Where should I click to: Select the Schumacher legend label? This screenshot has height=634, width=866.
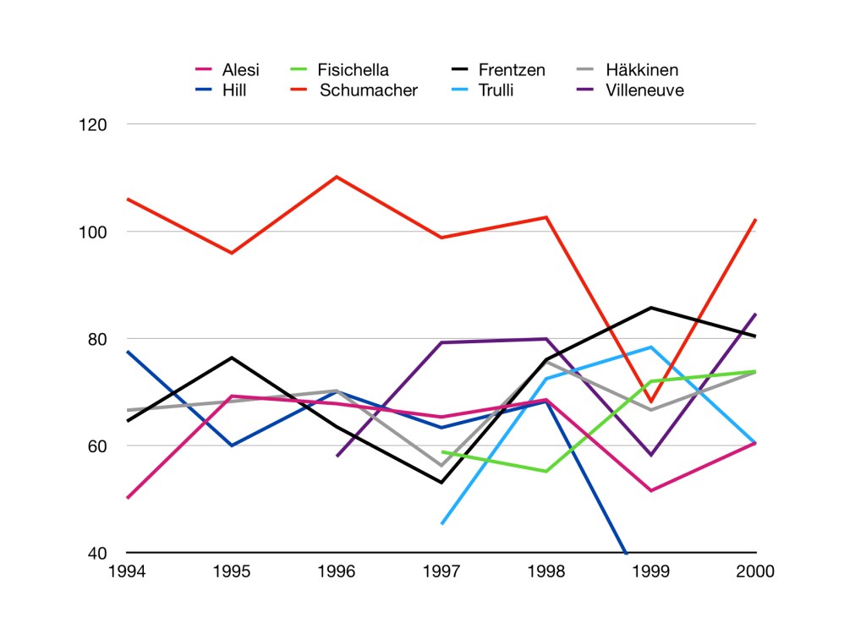click(368, 90)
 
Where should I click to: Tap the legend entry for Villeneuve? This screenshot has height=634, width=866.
click(644, 90)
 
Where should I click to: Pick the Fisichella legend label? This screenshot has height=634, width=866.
click(353, 70)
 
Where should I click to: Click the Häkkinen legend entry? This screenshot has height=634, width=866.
click(642, 70)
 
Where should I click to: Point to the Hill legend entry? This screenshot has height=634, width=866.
click(233, 90)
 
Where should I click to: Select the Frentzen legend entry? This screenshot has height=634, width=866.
click(512, 70)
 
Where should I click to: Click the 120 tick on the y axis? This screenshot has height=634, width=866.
click(96, 124)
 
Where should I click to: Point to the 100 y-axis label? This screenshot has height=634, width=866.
click(96, 232)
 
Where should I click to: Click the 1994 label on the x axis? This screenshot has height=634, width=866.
click(127, 571)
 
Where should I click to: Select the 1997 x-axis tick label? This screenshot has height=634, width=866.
click(441, 571)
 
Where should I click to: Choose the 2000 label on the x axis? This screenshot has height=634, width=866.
click(756, 571)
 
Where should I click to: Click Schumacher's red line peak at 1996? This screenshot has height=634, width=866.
click(337, 177)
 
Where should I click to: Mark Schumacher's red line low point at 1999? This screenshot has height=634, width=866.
click(650, 402)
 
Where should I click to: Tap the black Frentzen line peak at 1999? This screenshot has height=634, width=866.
click(651, 308)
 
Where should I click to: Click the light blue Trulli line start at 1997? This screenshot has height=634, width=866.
click(442, 523)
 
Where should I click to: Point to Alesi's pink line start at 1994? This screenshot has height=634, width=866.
click(127, 498)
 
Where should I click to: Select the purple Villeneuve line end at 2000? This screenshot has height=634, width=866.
click(755, 314)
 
